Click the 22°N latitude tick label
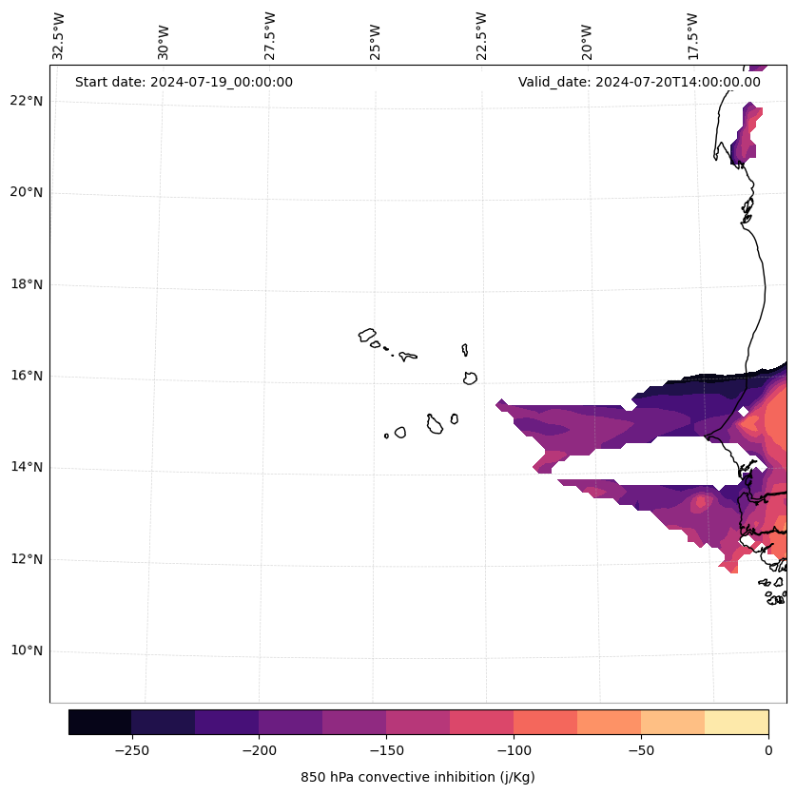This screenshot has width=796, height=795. pyautogui.click(x=25, y=101)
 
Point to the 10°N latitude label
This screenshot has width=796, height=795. pyautogui.click(x=25, y=651)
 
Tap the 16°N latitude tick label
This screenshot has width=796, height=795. pyautogui.click(x=25, y=376)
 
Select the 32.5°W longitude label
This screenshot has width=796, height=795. pyautogui.click(x=59, y=36)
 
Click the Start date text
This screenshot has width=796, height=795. pyautogui.click(x=184, y=82)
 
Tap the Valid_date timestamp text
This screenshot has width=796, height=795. pyautogui.click(x=639, y=82)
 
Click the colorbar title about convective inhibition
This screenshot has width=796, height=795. pyautogui.click(x=417, y=777)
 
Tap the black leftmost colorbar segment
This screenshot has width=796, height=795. pyautogui.click(x=100, y=722)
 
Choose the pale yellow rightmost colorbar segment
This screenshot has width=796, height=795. pyautogui.click(x=736, y=722)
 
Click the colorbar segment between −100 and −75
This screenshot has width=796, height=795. pyautogui.click(x=545, y=722)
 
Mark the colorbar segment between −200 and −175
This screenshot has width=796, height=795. pyautogui.click(x=290, y=722)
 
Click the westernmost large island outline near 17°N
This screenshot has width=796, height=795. pyautogui.click(x=367, y=335)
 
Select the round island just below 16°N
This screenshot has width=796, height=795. pyautogui.click(x=470, y=378)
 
